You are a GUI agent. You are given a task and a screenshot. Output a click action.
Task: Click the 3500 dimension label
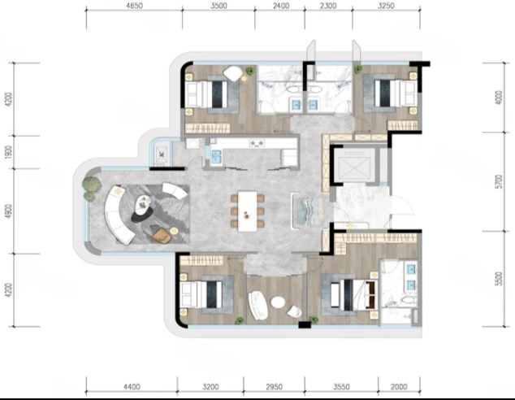pos(219,6)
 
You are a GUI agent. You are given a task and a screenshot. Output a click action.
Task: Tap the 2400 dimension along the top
pos(281,6)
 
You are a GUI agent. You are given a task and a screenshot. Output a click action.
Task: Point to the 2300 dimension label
pos(328,6)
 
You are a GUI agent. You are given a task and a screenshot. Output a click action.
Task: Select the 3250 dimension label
pos(386,6)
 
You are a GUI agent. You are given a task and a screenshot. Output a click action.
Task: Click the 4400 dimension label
pos(132,386)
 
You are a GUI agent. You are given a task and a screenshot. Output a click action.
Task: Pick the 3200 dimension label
pos(210,386)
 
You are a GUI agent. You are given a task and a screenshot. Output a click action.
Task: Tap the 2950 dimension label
pos(274,386)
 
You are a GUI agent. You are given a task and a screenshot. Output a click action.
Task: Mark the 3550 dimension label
pos(342,386)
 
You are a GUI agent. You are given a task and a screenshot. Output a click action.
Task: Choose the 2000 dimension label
pos(399,386)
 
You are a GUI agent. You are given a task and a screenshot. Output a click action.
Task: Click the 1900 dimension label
pos(9,152)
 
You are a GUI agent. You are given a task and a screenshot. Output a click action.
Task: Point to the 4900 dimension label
pos(9,211)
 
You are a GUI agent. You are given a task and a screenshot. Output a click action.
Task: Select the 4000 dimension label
pos(499,98)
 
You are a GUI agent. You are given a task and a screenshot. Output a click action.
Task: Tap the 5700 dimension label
pos(499,182)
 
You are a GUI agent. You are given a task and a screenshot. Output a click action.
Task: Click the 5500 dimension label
pos(499,279)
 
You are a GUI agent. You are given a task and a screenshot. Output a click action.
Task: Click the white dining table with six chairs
pos(248,211)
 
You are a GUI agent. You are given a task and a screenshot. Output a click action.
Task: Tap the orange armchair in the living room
pos(162,235)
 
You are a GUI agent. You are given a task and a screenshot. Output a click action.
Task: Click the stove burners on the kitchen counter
pos(257,143)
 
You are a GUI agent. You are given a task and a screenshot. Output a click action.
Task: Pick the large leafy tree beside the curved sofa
pos(92,185)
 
